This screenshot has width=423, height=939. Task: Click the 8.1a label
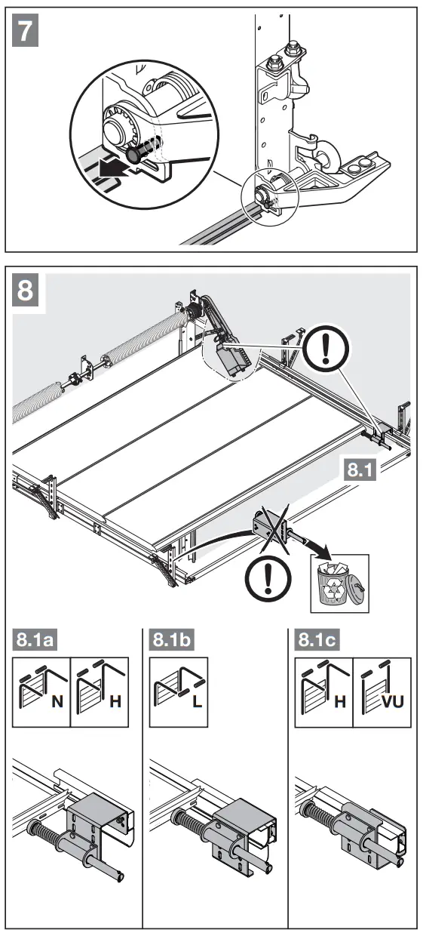[x=35, y=639]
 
